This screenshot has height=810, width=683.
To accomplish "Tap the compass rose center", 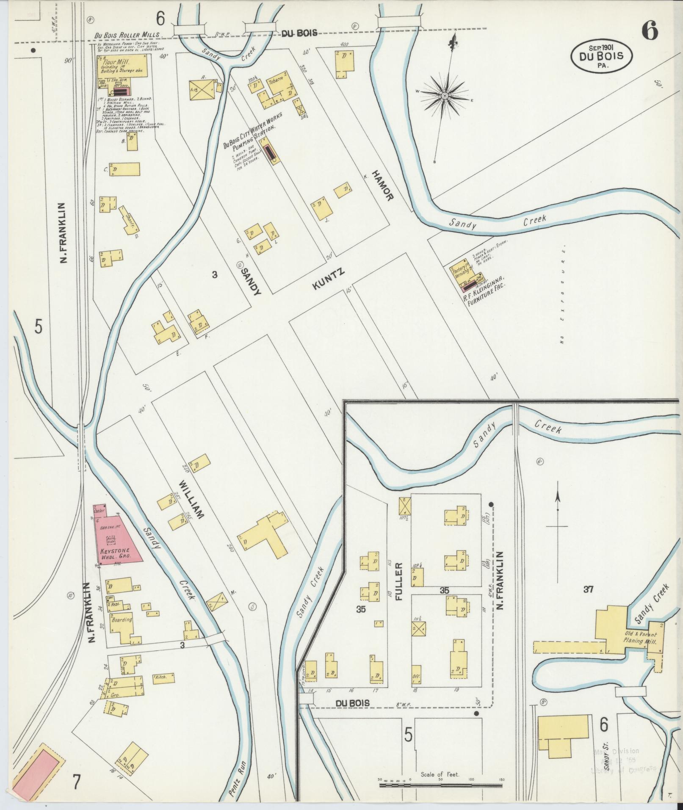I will (x=445, y=97).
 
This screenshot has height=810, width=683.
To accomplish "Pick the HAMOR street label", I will (x=384, y=185).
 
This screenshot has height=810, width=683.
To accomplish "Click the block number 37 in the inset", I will (x=588, y=589).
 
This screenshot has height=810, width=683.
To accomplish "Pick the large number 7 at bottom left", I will (x=76, y=782).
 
